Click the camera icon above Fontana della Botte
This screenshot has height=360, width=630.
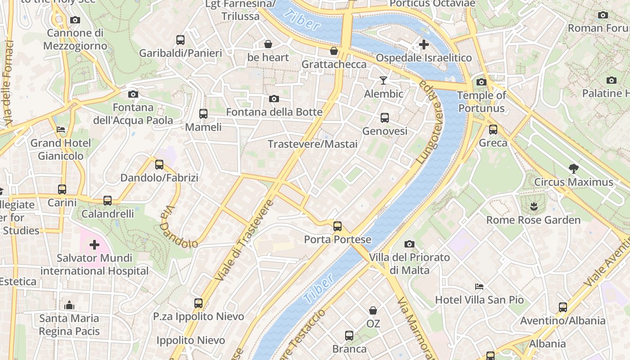(274, 99)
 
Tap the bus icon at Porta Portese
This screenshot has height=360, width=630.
(337, 226)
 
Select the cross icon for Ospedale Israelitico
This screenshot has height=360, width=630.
(423, 45)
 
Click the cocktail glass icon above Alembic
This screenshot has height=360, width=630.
(383, 81)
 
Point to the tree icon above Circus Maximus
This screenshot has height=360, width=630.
(573, 169)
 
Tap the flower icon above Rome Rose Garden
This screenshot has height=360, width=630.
(534, 207)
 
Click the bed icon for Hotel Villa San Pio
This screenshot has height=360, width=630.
(479, 286)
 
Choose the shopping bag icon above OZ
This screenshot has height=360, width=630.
(373, 310)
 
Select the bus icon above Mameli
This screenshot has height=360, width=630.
(203, 114)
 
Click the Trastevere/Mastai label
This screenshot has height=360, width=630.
(313, 144)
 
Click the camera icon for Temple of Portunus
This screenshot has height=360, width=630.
(481, 82)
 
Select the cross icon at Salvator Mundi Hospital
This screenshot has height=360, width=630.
(94, 245)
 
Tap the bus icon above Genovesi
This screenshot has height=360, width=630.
(385, 118)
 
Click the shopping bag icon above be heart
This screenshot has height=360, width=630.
(268, 44)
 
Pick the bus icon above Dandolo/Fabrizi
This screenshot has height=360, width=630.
(159, 165)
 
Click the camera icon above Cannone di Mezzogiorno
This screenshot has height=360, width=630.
(75, 20)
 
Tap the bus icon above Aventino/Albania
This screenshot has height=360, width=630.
(562, 307)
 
